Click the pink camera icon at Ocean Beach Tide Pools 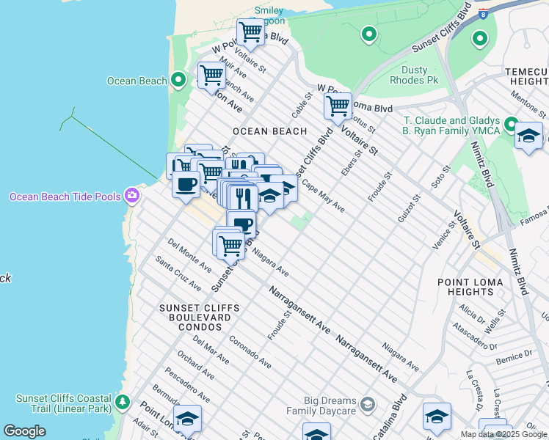click(x=132, y=195)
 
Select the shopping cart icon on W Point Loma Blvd click(x=338, y=106)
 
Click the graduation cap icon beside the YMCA click(x=528, y=136)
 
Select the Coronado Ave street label click(x=250, y=352)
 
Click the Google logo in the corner click(x=24, y=431)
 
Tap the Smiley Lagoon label click(x=269, y=16)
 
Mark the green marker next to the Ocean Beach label click(x=178, y=81)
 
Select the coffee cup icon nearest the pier click(x=186, y=183)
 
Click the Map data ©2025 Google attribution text click(x=503, y=434)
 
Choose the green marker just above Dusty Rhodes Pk click(x=368, y=34)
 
